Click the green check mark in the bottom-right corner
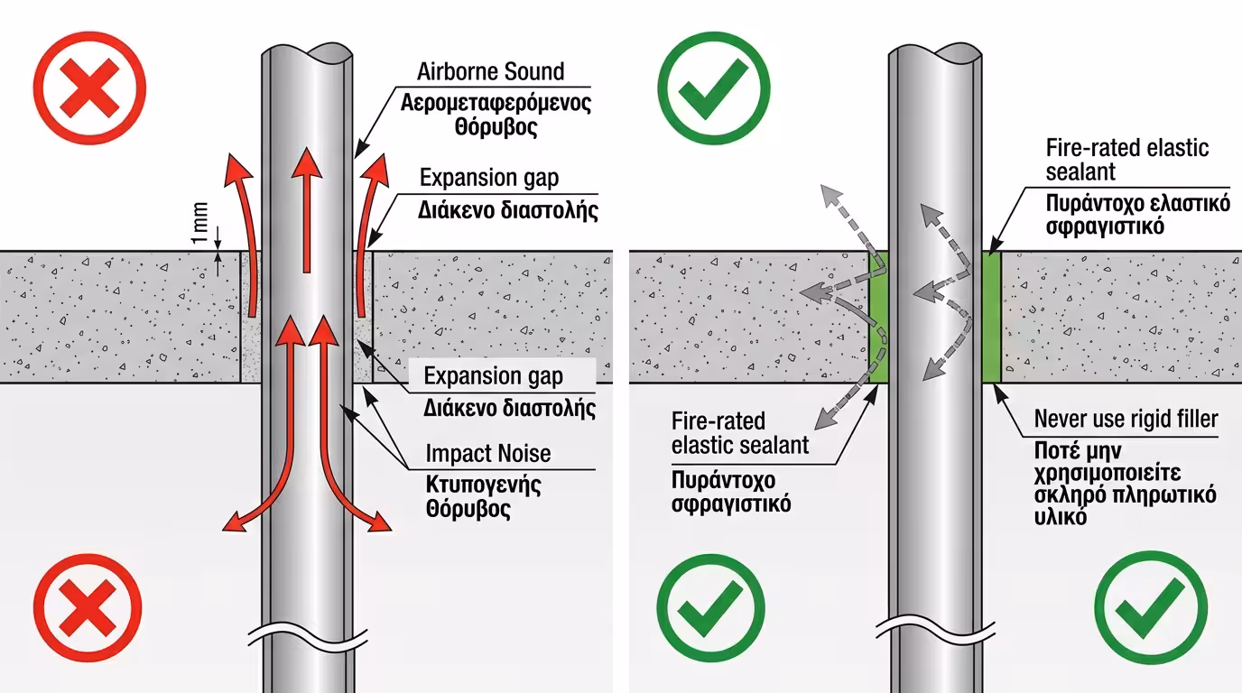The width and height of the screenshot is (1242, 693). tap(1153, 605)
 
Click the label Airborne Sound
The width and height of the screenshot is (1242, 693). tap(490, 71)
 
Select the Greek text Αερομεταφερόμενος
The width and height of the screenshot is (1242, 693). tap(496, 102)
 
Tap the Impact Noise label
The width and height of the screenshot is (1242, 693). tap(487, 453)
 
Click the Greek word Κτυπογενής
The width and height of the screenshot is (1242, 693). tap(484, 485)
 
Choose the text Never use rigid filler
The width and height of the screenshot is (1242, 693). tap(1126, 419)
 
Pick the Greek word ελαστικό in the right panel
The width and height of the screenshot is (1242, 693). tap(1187, 203)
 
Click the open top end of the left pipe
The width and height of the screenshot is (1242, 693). tap(306, 53)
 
